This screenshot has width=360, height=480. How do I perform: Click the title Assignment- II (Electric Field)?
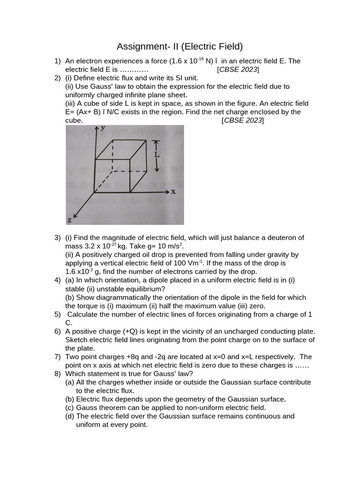(x=180, y=46)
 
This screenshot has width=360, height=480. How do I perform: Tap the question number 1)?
(x=58, y=61)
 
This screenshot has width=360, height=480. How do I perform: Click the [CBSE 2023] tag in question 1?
(x=238, y=69)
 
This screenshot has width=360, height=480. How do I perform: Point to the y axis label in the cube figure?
(x=102, y=128)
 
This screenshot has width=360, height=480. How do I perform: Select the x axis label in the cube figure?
(x=173, y=191)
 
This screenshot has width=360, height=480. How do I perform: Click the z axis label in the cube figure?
(x=69, y=219)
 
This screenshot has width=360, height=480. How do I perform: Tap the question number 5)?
(x=58, y=314)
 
